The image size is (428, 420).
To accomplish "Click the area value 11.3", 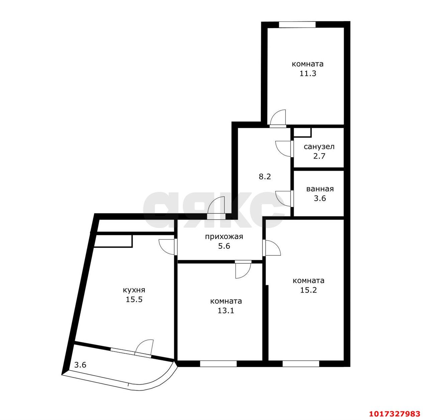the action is point(308,73).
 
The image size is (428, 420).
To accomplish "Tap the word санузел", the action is point(319,147).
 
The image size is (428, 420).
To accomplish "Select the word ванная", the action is point(320,189).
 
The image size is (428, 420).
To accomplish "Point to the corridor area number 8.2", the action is point(265,177).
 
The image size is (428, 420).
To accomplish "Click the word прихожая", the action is point(224,237).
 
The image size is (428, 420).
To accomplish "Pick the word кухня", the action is point(134,290).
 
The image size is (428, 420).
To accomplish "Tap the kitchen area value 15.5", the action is point(134,299).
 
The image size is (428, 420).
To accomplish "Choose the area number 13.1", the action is point(226,310).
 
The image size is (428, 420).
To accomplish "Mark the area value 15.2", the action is point(309,290).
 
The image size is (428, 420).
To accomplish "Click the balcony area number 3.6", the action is point(80,365).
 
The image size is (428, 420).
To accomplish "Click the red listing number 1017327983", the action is point(395,414).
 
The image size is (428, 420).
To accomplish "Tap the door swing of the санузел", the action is point(283,149).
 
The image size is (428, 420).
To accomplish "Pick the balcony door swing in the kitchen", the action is point(144,347).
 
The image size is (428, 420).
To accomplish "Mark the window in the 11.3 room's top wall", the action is point(297,24).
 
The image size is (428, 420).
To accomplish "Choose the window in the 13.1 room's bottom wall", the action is point(218,364).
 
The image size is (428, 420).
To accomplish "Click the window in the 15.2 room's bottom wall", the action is point(301,364).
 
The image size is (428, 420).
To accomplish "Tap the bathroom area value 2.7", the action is point(319,156).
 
